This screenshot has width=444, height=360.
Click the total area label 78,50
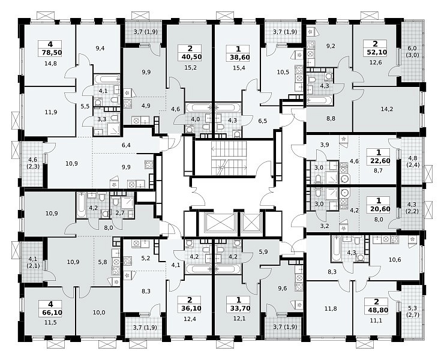[50, 53]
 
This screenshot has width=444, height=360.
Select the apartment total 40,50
[190, 56]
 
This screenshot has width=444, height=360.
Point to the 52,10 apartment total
[376, 52]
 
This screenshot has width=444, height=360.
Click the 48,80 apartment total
[377, 310]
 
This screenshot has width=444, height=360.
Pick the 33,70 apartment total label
[239, 308]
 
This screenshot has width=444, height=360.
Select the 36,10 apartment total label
[190, 308]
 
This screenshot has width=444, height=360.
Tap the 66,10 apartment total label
[50, 313]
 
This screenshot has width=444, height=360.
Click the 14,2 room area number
[387, 109]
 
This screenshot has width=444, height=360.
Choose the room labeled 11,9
[51, 112]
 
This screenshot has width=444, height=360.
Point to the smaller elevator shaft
[251, 223]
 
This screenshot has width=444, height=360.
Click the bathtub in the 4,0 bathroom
[197, 107]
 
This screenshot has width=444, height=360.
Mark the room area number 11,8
[331, 309]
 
